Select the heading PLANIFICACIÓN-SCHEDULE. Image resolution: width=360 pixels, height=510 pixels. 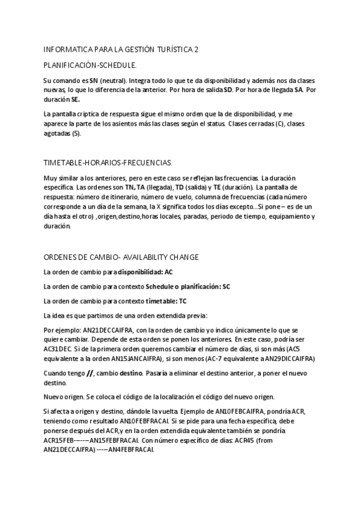[90, 64]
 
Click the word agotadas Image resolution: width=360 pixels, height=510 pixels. [58, 133]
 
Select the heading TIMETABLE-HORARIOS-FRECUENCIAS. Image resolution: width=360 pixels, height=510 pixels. [108, 163]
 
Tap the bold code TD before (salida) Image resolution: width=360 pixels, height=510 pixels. [178, 187]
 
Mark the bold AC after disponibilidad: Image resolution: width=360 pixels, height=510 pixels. [169, 272]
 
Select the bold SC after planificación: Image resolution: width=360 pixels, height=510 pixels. [226, 286]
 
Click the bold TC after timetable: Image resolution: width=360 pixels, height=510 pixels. [183, 301]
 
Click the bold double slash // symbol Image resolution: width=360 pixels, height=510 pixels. [90, 373]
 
